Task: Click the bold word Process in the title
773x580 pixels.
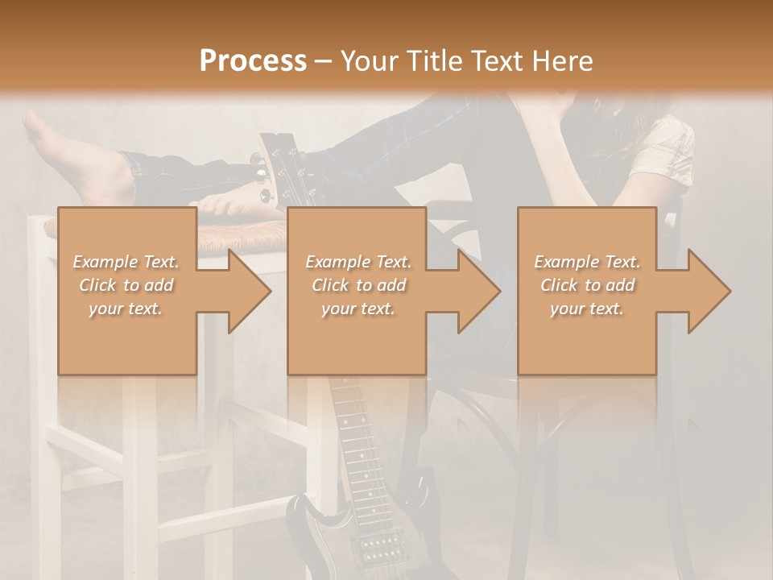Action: click(253, 60)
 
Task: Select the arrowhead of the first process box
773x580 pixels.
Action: click(250, 291)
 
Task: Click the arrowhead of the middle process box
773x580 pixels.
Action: click(480, 291)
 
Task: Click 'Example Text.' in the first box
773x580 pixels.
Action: click(126, 262)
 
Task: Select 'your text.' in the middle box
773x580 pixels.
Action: click(358, 309)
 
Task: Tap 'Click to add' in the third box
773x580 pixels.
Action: click(587, 285)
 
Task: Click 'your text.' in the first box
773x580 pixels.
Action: click(126, 309)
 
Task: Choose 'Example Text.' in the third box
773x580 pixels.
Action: click(587, 262)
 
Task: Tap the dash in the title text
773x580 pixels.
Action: click(324, 62)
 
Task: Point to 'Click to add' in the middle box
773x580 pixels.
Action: click(358, 285)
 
